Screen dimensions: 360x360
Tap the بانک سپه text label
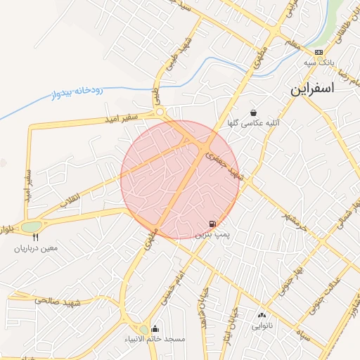coord(317,63)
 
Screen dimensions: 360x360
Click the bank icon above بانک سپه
coord(319,52)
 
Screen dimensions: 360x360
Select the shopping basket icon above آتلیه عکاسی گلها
coord(252,112)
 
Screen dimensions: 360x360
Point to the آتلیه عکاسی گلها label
coord(252,122)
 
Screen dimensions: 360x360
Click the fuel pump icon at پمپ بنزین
coord(213,222)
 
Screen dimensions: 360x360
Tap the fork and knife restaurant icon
coord(35,237)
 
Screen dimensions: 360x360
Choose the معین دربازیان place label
coord(35,248)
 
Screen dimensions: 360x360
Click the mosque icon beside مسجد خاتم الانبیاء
coord(155,328)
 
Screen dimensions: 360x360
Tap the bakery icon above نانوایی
coord(262,315)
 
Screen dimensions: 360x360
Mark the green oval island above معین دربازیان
coord(31,226)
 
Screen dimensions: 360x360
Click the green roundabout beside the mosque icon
coord(143,329)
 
